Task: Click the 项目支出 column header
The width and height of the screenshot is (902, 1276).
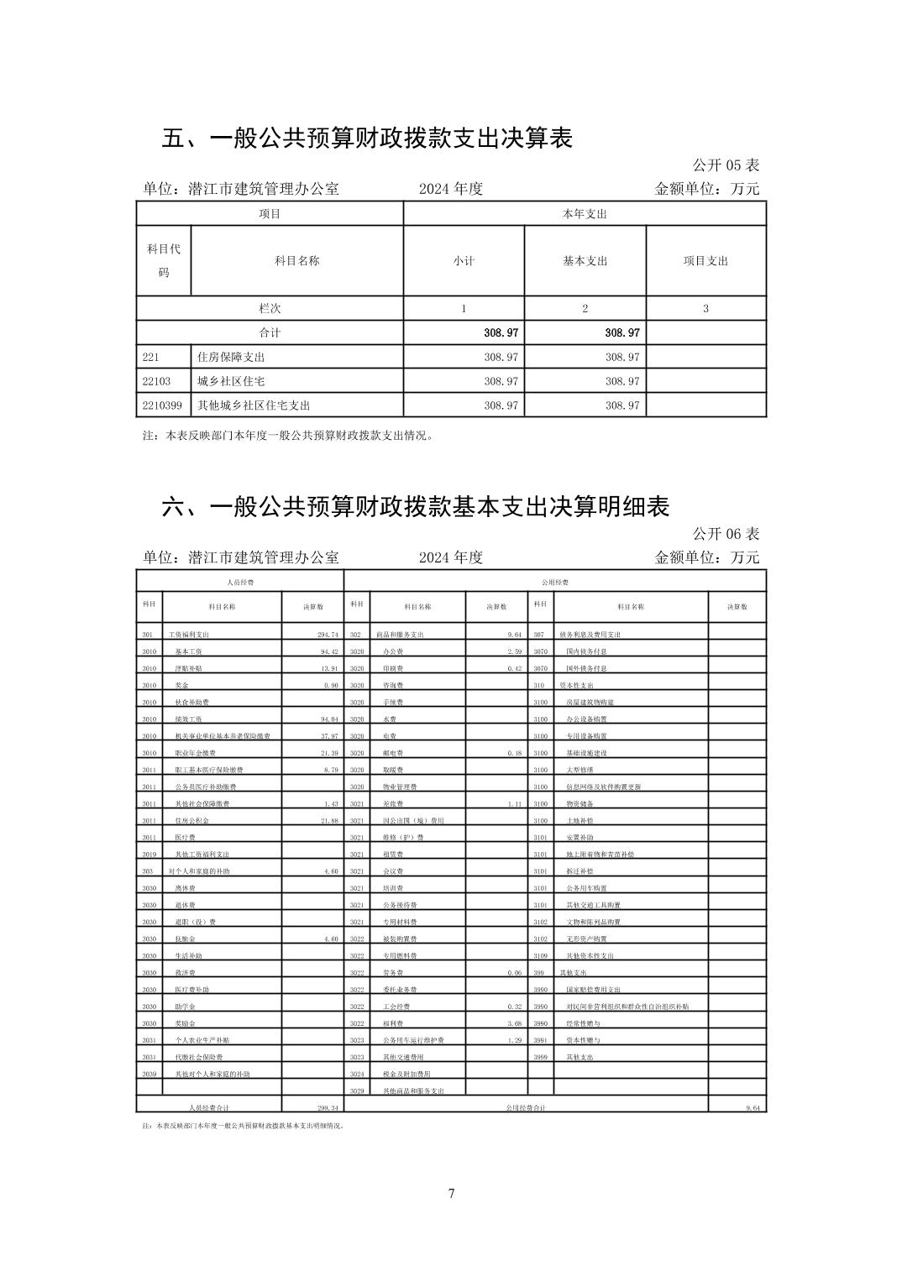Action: click(705, 261)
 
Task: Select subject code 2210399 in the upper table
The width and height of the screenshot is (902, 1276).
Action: click(162, 405)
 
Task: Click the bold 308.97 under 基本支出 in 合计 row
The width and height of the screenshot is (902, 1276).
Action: click(621, 332)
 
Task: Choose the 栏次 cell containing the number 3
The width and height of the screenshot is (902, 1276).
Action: click(705, 309)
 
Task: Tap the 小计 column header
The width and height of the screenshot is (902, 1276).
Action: click(464, 261)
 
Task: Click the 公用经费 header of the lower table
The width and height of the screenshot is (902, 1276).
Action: click(555, 582)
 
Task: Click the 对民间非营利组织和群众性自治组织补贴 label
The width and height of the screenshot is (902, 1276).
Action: click(627, 1007)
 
